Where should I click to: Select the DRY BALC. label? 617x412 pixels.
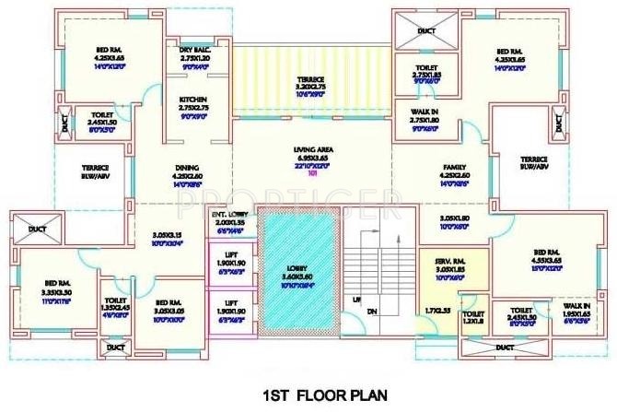pyautogui.click(x=195, y=52)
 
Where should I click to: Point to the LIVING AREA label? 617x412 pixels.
pyautogui.click(x=313, y=148)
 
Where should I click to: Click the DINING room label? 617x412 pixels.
pyautogui.click(x=187, y=168)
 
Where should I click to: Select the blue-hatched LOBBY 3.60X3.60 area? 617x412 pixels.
pyautogui.click(x=299, y=277)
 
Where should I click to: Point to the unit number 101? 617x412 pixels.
pyautogui.click(x=311, y=171)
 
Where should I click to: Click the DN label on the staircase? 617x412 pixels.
pyautogui.click(x=371, y=312)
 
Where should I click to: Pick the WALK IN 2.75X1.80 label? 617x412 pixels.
pyautogui.click(x=423, y=112)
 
